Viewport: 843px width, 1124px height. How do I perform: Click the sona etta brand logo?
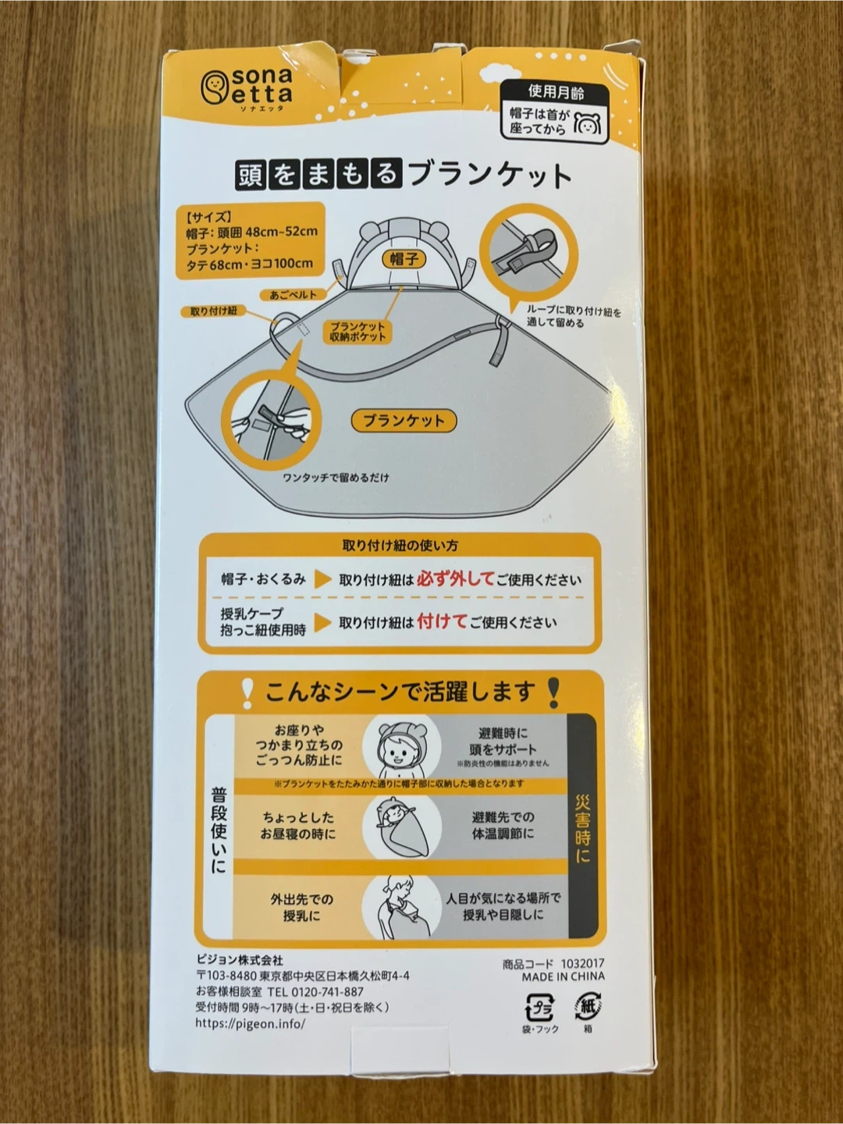tap(246, 90)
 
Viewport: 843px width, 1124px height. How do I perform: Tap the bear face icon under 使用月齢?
tap(588, 123)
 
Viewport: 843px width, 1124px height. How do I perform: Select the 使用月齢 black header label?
tap(556, 92)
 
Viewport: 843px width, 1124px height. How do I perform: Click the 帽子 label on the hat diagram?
tap(404, 259)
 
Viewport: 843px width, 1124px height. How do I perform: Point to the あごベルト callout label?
tap(293, 295)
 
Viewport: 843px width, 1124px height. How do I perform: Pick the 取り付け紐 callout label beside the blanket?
tap(213, 311)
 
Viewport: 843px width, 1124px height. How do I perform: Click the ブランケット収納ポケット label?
tap(357, 332)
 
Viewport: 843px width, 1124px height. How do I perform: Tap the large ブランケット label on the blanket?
tap(404, 421)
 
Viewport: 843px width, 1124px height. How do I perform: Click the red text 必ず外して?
tap(456, 579)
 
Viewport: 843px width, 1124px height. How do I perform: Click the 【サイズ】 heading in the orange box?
tap(209, 217)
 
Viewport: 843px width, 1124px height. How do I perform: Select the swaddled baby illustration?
tap(402, 827)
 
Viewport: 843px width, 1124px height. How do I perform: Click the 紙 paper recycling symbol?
tap(588, 1006)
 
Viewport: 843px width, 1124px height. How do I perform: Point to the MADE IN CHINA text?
tap(563, 977)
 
